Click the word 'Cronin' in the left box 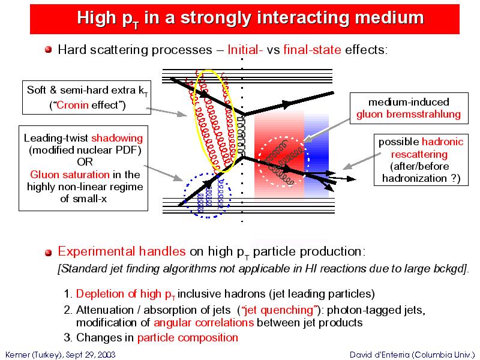(x=73, y=105)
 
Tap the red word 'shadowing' (x=117, y=139)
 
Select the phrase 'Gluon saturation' (x=70, y=175)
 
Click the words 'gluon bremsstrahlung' (x=409, y=115)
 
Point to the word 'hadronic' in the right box (x=442, y=142)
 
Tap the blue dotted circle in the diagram (x=185, y=196)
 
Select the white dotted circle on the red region (x=259, y=161)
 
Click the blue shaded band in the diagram (x=317, y=156)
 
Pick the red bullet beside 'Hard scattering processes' (x=48, y=50)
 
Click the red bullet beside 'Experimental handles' (x=48, y=253)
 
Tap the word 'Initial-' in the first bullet (x=245, y=50)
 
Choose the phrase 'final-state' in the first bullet (x=312, y=50)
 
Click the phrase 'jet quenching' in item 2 (x=278, y=310)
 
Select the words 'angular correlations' (x=203, y=323)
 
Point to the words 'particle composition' (x=188, y=338)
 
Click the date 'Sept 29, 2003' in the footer (x=91, y=355)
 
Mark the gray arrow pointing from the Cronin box (x=166, y=112)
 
